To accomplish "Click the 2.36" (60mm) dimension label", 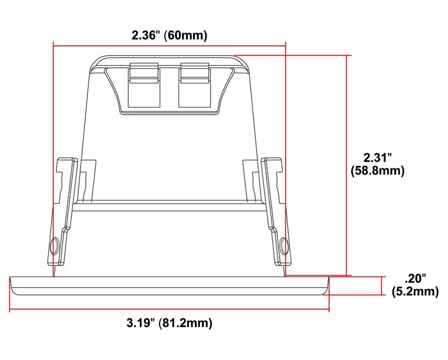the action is point(169,35).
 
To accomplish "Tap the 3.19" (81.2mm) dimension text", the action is point(170,323).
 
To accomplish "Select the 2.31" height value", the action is point(377,157).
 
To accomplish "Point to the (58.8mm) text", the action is point(377,171).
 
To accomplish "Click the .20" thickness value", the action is point(415,278).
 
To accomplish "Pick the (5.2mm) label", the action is point(415,292).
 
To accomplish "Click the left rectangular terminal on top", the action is point(144,85).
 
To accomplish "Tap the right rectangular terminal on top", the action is point(194,85).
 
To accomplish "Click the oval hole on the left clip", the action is point(54,246).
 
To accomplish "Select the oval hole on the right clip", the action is point(284,246).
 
